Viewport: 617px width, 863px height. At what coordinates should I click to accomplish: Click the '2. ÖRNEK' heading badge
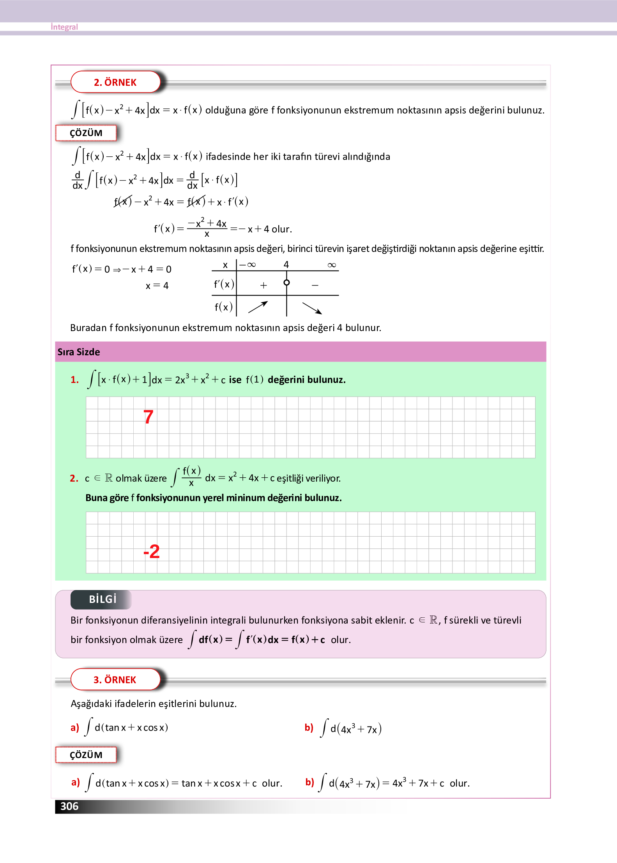(115, 82)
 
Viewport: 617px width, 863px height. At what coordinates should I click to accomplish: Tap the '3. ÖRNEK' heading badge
(115, 680)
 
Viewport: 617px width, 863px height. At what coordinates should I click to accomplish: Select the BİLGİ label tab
(102, 599)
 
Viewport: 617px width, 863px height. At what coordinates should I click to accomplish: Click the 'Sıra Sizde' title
(79, 352)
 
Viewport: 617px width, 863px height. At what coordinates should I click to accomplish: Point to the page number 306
(69, 806)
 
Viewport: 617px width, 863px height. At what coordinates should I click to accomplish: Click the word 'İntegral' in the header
(64, 27)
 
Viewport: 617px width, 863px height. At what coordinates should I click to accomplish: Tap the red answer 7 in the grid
(148, 417)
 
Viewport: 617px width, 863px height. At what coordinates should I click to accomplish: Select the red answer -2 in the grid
(152, 551)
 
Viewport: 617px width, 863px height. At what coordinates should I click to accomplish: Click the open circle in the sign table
(286, 282)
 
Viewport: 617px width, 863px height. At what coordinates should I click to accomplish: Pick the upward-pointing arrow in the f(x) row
(258, 307)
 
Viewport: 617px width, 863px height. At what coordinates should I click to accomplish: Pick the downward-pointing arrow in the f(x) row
(312, 308)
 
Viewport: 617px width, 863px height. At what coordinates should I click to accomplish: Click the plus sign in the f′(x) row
(263, 285)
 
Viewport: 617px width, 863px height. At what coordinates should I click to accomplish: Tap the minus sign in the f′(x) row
(315, 285)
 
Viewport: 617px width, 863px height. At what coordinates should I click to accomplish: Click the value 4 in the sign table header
(286, 265)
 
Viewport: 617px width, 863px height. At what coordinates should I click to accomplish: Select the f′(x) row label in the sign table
(224, 284)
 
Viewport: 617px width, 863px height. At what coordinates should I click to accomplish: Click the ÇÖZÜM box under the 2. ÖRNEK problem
(86, 133)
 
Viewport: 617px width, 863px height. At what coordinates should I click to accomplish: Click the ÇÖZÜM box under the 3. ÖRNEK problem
(86, 755)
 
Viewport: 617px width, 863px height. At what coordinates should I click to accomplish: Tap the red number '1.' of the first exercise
(74, 380)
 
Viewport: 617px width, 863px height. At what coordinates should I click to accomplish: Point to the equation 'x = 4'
(157, 286)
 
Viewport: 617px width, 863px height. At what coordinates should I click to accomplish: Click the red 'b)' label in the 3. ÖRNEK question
(309, 728)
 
